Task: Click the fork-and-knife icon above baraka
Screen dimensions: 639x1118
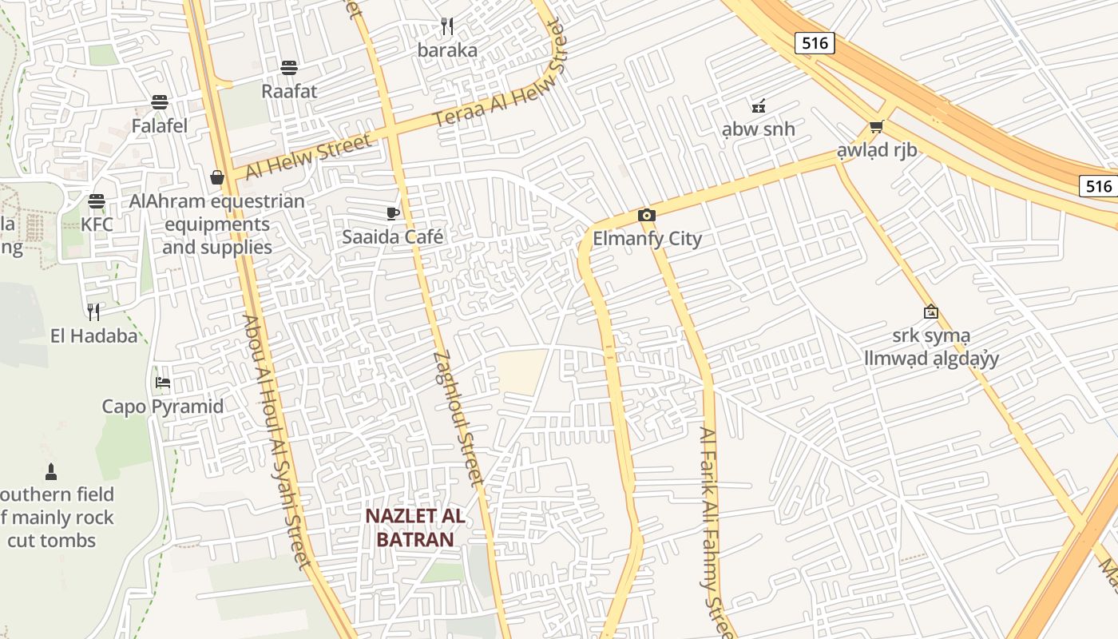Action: (447, 26)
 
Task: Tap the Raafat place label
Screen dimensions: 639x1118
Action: (289, 91)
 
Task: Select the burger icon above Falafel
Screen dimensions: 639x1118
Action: (160, 102)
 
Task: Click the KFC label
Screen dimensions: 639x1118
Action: (97, 224)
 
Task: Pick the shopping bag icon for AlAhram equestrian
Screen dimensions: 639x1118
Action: (217, 177)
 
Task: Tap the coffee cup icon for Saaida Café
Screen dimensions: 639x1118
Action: (392, 213)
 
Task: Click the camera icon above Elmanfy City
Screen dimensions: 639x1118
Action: (647, 215)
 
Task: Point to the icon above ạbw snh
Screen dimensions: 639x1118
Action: (758, 105)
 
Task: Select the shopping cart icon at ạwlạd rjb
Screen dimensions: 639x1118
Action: (876, 126)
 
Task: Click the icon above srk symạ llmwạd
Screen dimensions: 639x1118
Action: (930, 312)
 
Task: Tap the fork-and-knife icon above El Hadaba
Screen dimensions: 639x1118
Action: (93, 312)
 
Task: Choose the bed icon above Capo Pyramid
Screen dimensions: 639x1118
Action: (163, 383)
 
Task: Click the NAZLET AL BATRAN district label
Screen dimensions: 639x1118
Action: (415, 527)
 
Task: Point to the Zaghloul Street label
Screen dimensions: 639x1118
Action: (458, 419)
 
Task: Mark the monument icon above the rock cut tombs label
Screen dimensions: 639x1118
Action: (51, 471)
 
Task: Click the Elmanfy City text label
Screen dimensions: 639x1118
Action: (647, 239)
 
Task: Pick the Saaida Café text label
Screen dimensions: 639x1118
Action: (392, 237)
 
